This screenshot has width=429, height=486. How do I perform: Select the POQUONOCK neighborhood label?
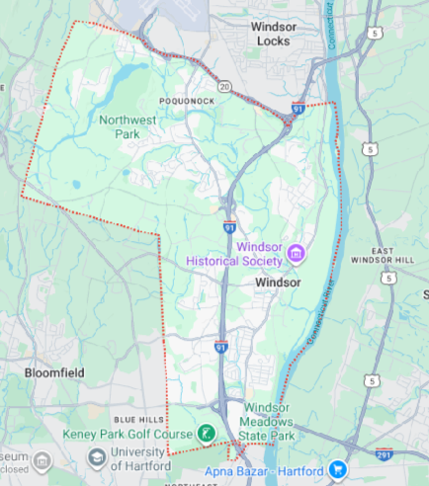[x=186, y=101]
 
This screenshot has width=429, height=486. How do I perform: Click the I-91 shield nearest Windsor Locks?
[x=298, y=108]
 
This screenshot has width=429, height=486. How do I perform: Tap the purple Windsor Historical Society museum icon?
[x=296, y=257]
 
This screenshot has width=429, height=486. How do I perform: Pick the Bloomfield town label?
[x=54, y=372]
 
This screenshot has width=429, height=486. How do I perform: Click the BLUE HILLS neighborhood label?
[x=137, y=418]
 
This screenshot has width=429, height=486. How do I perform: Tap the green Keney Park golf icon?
[x=207, y=433]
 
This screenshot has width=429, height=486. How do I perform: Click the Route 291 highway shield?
[x=384, y=453]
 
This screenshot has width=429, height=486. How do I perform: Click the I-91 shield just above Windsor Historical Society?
[x=229, y=226]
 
